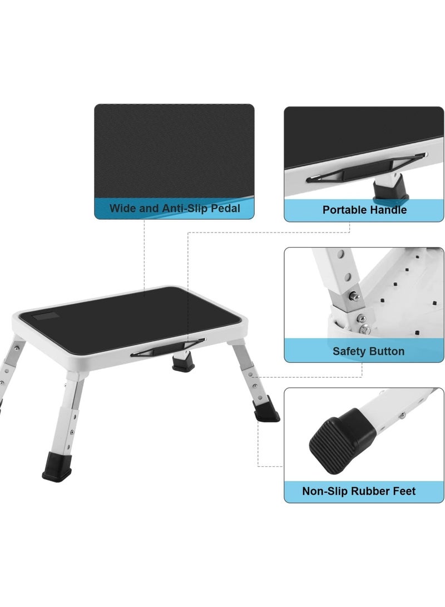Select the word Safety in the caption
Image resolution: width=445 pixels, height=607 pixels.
point(349,351)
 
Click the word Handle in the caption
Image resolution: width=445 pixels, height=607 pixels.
point(388,210)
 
